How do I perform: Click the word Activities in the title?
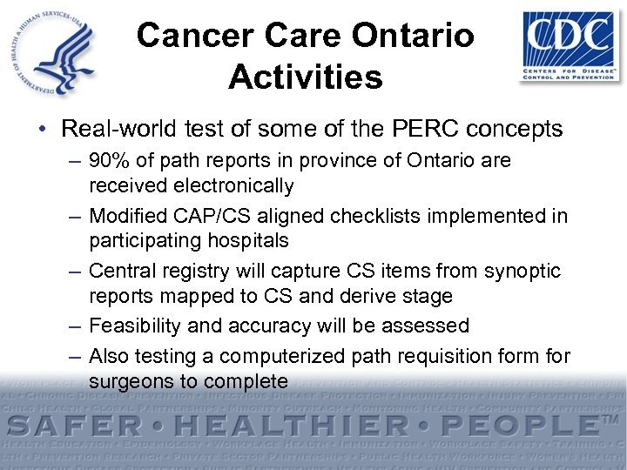pos(306,77)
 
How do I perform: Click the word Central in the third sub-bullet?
pos(122,271)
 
